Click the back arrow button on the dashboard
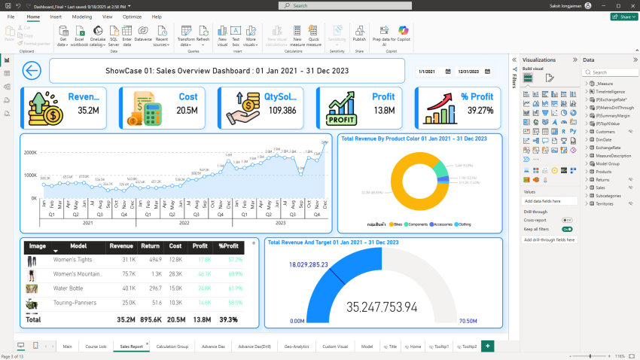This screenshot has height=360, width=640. [32, 71]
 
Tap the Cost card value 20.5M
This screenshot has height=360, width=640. [187, 110]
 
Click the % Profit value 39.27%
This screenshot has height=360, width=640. [480, 110]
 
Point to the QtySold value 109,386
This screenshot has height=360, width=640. [282, 110]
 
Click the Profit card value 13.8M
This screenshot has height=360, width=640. [383, 110]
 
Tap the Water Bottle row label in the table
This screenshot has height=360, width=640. [71, 288]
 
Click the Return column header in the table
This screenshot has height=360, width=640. [150, 246]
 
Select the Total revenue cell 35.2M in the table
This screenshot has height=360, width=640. [126, 319]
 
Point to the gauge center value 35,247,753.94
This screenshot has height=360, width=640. [381, 307]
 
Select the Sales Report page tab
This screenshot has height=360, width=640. [130, 346]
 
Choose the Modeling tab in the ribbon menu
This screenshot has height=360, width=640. [82, 16]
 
